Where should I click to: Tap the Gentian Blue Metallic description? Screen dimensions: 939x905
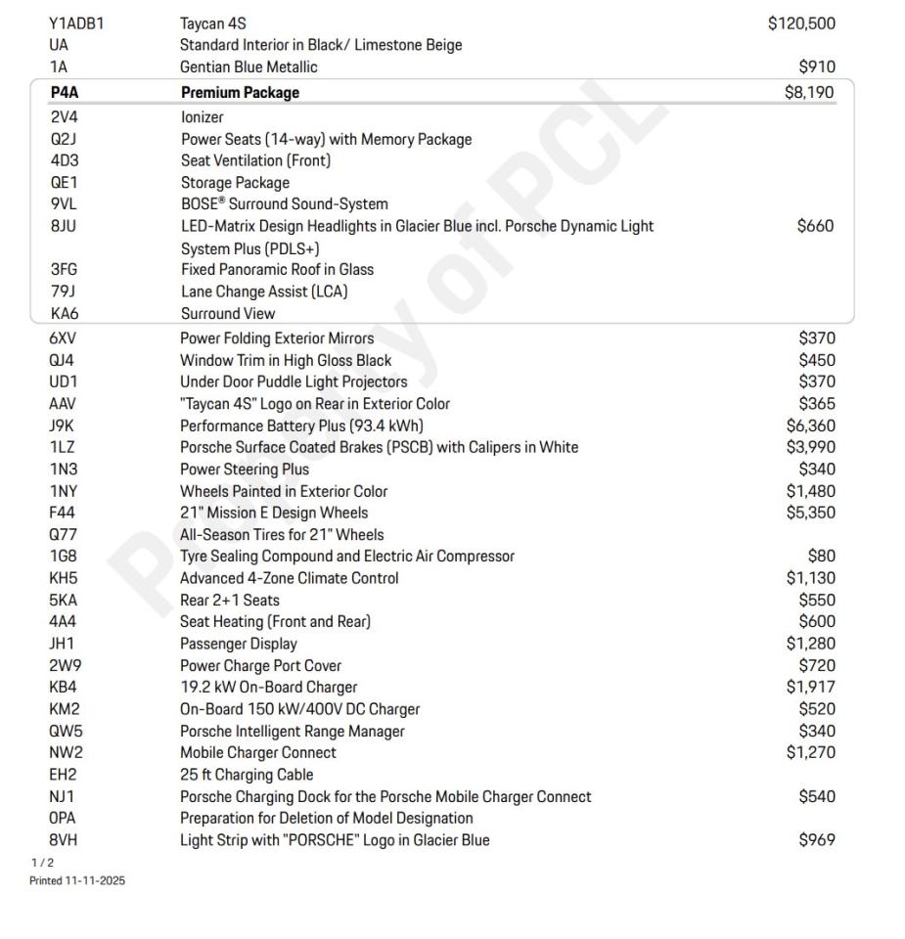[x=249, y=67]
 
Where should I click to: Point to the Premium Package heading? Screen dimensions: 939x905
[x=240, y=93]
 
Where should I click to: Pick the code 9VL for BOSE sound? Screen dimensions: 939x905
[x=67, y=204]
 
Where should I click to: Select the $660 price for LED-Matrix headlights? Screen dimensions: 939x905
[x=816, y=227]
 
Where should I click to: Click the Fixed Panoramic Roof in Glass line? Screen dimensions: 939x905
[x=277, y=270]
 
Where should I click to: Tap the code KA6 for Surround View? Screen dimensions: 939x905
[x=66, y=314]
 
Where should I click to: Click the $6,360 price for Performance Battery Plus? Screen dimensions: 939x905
[x=810, y=425]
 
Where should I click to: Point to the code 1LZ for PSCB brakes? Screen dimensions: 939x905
[x=63, y=447]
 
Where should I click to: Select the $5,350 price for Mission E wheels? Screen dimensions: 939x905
[x=810, y=513]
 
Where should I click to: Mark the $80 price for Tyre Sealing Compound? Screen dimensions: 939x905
[x=822, y=557]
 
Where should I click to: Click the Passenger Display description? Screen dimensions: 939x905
[x=238, y=644]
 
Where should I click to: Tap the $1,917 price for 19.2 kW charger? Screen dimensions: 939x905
[x=810, y=688]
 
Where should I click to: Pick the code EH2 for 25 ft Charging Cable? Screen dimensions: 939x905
[x=65, y=775]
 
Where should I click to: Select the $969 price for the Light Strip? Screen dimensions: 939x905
[x=816, y=840]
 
